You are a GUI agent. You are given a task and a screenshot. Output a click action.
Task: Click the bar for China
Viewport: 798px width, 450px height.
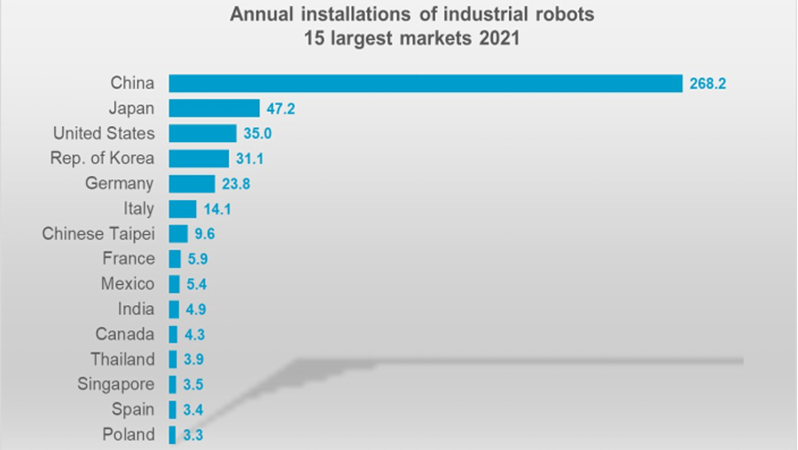pyautogui.click(x=426, y=83)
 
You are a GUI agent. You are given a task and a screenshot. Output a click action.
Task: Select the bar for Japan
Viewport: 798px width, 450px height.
pyautogui.click(x=214, y=108)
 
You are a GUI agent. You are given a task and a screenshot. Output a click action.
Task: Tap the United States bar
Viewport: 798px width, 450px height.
pyautogui.click(x=202, y=133)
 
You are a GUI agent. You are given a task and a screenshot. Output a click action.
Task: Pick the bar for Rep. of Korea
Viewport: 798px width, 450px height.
pyautogui.click(x=199, y=158)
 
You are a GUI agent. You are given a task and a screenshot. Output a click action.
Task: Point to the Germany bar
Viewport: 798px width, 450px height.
pyautogui.click(x=192, y=184)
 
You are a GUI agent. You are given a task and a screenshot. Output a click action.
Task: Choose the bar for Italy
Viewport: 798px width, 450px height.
pyautogui.click(x=183, y=209)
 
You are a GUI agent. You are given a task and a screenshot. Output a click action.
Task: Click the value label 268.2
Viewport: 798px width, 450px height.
pyautogui.click(x=708, y=83)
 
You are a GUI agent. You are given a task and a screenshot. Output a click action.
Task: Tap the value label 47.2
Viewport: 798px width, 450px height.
pyautogui.click(x=281, y=108)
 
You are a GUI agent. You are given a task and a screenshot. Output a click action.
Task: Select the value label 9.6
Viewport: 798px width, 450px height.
pyautogui.click(x=205, y=234)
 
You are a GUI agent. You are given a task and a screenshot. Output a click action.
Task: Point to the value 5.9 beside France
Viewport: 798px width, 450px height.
pyautogui.click(x=197, y=259)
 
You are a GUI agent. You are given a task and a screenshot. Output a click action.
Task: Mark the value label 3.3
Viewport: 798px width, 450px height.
pyautogui.click(x=192, y=435)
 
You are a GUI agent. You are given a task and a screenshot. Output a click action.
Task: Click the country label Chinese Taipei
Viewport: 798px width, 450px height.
pyautogui.click(x=98, y=234)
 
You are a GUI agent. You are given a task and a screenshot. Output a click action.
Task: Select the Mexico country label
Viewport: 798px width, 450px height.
pyautogui.click(x=128, y=284)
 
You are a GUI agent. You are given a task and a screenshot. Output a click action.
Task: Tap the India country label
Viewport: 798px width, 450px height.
pyautogui.click(x=136, y=309)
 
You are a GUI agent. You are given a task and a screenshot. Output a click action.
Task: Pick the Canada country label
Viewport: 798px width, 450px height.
pyautogui.click(x=125, y=335)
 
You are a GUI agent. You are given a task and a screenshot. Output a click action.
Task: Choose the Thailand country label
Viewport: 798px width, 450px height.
pyautogui.click(x=122, y=359)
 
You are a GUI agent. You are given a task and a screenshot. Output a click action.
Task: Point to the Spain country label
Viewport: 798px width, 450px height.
pyautogui.click(x=132, y=410)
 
